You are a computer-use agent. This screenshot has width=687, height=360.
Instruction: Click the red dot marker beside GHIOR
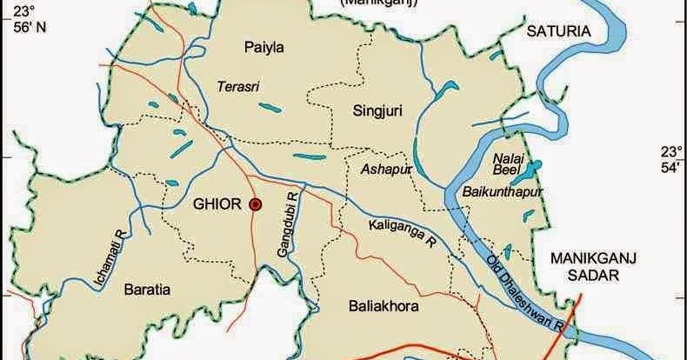[x=256, y=204]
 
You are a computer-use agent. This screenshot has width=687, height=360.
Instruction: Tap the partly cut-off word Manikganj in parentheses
[x=380, y=3]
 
